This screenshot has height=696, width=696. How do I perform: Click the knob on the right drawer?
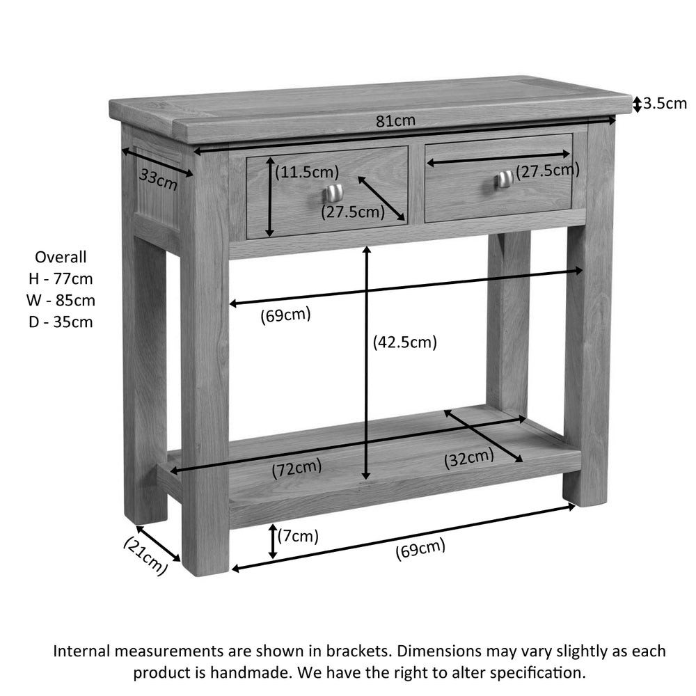coord(504,179)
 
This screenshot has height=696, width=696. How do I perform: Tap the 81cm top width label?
coord(395,120)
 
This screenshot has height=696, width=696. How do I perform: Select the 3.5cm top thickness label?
coord(665,104)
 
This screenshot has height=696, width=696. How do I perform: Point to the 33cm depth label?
coord(159,179)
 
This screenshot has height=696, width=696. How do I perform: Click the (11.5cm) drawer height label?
coord(307,172)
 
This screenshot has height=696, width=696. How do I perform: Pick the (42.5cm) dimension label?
coord(405,342)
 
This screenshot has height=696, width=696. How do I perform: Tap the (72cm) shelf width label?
coord(297,468)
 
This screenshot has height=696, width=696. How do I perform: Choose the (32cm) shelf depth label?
coord(468,458)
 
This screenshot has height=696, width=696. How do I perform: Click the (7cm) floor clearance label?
coord(299,536)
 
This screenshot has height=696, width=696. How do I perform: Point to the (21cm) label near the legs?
coord(145,556)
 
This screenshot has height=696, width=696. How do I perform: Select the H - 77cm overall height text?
coord(61,279)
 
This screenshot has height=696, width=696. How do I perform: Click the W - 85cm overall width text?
coord(61,301)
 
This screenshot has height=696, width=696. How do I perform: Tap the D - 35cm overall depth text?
coord(61,322)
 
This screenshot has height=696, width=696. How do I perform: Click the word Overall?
coord(61,257)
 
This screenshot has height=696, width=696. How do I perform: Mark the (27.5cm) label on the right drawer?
coord(548,171)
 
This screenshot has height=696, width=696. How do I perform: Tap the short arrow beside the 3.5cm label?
coord(637,104)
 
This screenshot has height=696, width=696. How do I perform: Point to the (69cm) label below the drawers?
coord(285,315)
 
